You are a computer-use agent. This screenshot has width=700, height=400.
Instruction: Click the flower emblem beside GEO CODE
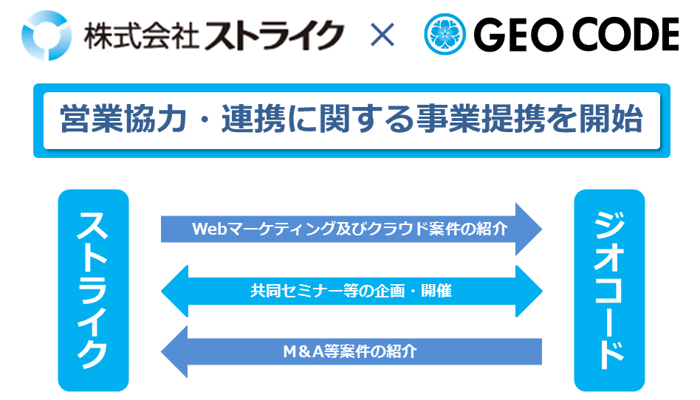445,35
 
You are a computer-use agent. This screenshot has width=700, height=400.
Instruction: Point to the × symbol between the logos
382,35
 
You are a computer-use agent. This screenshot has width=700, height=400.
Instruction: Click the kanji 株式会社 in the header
141,35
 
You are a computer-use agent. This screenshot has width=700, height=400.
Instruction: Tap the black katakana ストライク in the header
274,35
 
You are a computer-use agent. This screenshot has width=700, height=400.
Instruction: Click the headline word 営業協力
123,120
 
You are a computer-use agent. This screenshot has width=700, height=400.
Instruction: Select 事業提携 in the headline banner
481,120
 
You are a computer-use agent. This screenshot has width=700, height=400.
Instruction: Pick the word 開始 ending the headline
611,120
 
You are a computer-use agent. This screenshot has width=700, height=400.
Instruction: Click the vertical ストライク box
93,290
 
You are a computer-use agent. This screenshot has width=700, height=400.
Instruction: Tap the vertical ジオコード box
609,290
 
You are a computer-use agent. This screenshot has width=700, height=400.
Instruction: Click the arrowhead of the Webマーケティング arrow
529,229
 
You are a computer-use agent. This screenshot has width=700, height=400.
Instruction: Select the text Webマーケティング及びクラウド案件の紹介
350,229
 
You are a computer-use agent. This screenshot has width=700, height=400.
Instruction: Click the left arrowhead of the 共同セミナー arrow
174,291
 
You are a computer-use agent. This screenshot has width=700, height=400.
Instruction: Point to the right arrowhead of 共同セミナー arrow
529,291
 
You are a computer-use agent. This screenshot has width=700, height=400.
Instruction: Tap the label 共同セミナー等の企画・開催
351,291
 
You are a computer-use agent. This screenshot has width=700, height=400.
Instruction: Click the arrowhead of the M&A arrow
174,352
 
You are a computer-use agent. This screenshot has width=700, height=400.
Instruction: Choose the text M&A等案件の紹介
350,352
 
